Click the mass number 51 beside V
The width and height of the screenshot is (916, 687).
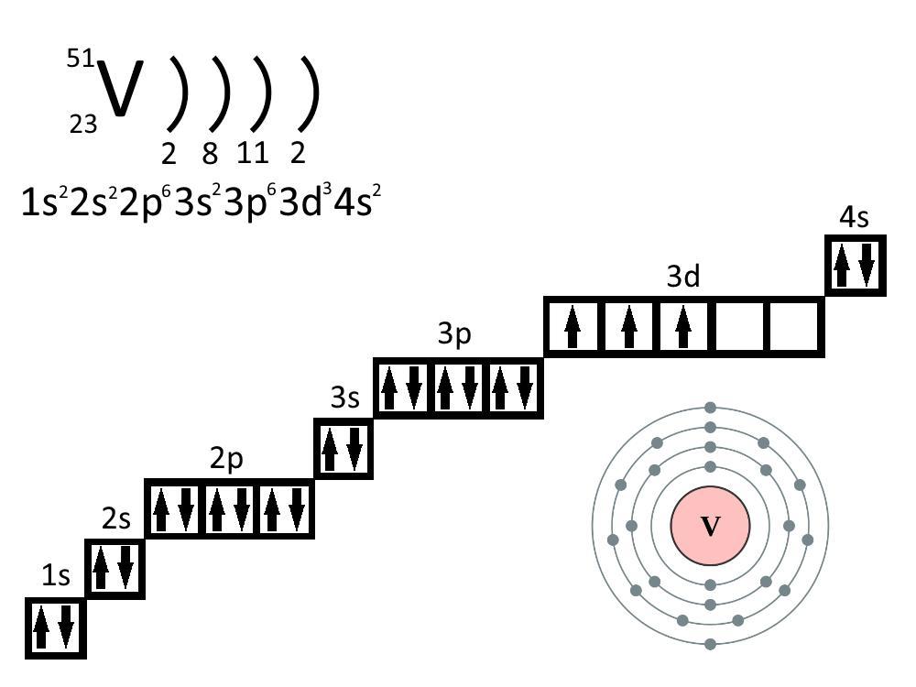[x=81, y=59]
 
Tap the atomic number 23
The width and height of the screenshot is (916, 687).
[x=83, y=125]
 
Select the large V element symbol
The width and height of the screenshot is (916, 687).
[x=120, y=88]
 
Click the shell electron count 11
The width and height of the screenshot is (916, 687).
[x=253, y=153]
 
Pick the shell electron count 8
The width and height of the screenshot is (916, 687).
[x=211, y=154]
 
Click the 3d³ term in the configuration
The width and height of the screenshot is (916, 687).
[x=305, y=202]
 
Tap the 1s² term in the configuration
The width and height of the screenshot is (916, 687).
[x=44, y=202]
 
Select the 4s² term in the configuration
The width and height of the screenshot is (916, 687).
[x=357, y=202]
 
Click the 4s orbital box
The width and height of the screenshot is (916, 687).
[x=856, y=266]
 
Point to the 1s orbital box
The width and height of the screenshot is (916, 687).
[x=56, y=628]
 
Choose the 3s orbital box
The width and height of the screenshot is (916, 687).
[x=343, y=449]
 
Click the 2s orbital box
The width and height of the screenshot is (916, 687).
[x=115, y=569]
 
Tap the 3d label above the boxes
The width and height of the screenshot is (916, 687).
[x=683, y=276]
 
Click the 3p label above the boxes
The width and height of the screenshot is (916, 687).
[x=454, y=334]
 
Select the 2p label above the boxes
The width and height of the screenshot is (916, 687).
[x=226, y=459]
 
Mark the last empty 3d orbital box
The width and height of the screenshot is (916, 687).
[x=794, y=327]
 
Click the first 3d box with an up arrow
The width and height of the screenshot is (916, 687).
[x=572, y=327]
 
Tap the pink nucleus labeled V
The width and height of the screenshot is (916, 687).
[x=711, y=526]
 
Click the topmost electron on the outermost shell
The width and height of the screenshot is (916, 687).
[x=711, y=408]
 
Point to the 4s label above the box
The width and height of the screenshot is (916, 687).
[x=854, y=217]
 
